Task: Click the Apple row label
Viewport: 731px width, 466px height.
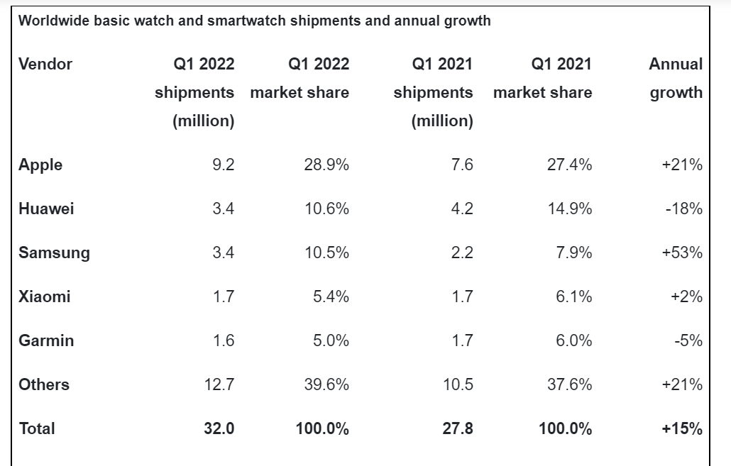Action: (x=40, y=165)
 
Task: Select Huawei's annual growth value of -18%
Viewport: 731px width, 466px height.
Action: (x=685, y=209)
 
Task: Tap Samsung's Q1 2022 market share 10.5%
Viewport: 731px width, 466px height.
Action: (x=326, y=253)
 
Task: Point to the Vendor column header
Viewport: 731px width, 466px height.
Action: (x=45, y=64)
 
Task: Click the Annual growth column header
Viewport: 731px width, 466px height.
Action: (x=676, y=78)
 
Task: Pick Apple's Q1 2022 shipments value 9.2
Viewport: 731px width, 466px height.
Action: (x=223, y=165)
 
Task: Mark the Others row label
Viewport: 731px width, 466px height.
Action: (x=44, y=384)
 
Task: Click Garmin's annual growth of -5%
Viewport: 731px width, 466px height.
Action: (x=688, y=340)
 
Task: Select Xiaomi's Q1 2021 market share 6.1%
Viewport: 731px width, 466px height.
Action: (x=573, y=296)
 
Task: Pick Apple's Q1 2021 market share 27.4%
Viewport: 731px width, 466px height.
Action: (x=569, y=165)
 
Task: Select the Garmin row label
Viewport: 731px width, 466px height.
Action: (x=46, y=340)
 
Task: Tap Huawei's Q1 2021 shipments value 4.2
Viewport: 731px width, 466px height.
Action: (x=461, y=209)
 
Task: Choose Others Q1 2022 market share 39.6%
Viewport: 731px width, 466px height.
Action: (x=326, y=384)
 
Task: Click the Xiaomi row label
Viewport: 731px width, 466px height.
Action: (x=45, y=296)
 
